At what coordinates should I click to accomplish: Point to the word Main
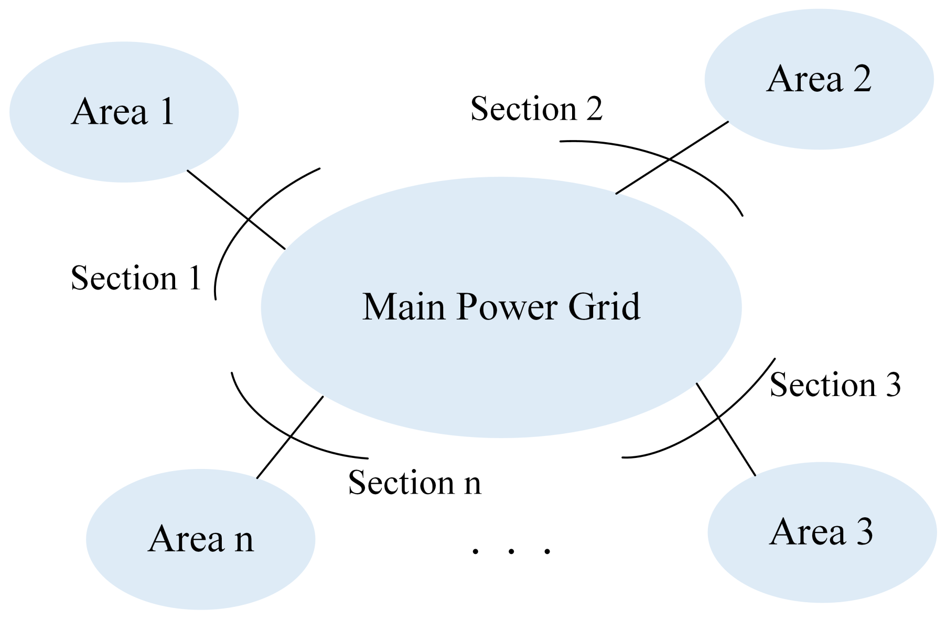403,307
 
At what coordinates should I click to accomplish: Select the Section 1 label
136,278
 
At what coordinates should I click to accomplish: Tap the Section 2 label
536,109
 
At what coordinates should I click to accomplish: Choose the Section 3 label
835,385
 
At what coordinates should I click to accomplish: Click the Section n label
414,483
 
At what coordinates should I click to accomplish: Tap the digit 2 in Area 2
862,79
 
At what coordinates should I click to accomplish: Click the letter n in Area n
244,540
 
